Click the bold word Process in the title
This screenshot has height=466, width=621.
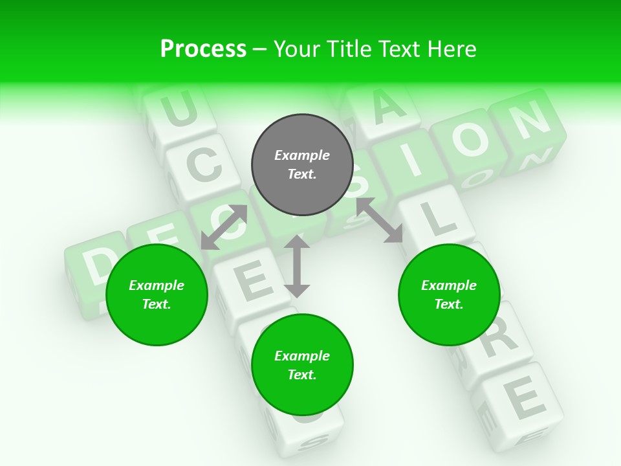(x=203, y=49)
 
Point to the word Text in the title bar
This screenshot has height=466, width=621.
(x=400, y=49)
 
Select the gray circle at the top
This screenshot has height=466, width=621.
(x=302, y=164)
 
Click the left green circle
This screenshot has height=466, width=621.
(x=157, y=294)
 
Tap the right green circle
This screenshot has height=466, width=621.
(x=449, y=294)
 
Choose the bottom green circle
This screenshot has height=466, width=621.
(x=302, y=365)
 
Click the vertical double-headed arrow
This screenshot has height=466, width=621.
(x=297, y=266)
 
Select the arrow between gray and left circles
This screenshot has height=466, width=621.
(x=224, y=227)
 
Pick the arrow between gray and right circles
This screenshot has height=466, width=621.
(x=380, y=220)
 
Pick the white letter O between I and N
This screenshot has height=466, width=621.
(x=469, y=139)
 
